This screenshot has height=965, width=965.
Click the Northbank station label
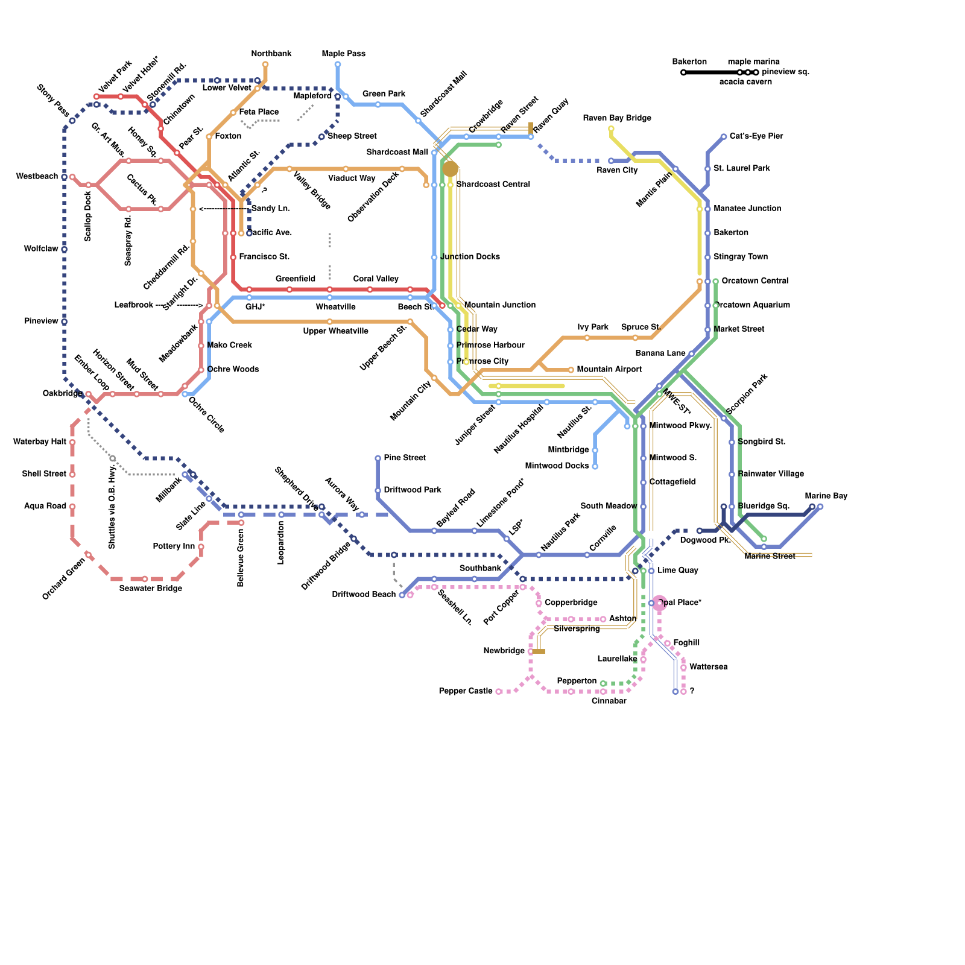pos(271,54)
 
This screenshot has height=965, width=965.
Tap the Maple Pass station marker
pos(337,65)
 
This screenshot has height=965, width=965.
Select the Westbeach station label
pos(37,177)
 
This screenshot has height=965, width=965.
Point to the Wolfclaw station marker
pos(64,249)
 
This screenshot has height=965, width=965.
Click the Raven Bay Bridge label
pos(617,118)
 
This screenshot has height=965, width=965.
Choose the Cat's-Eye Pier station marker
pos(724,137)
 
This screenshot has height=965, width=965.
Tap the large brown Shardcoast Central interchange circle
pos(450,169)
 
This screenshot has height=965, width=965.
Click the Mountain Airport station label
pos(609,369)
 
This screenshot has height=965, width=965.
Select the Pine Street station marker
pos(378,458)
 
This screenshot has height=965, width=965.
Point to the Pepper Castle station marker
pos(498,692)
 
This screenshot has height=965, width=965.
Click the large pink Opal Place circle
pos(659,603)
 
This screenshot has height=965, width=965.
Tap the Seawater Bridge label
pos(151,589)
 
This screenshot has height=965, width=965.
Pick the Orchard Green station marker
pos(88,555)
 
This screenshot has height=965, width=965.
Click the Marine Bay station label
pos(826,496)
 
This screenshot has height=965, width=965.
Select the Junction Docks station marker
pos(434,258)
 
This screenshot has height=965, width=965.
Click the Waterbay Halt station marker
pos(72,442)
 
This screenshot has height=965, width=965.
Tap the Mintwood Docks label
pos(557,466)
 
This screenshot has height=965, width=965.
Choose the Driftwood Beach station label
pos(364,595)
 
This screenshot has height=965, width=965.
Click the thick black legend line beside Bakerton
pos(712,72)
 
